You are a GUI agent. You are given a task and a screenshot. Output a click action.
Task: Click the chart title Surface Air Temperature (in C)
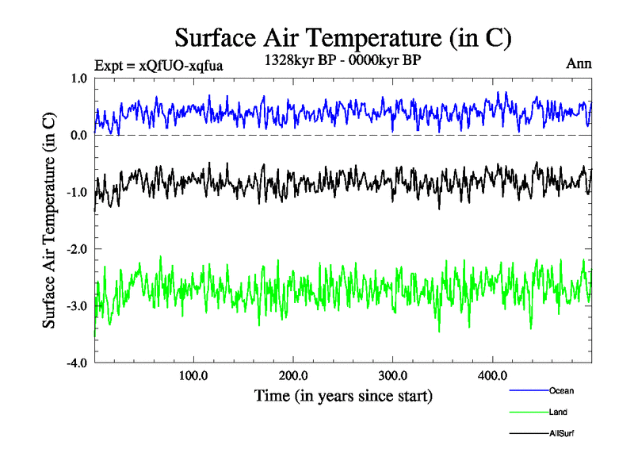[x=342, y=37]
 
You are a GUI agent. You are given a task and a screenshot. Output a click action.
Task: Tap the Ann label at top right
[x=579, y=63]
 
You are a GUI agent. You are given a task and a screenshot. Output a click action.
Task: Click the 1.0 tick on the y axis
[x=78, y=79]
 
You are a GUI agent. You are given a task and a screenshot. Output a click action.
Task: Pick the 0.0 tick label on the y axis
[x=78, y=136]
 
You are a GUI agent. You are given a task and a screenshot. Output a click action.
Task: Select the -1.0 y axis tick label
[x=76, y=193]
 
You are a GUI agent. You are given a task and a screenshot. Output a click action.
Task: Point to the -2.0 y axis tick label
[x=76, y=250]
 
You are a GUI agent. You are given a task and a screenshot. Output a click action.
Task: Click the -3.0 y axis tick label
[x=76, y=306]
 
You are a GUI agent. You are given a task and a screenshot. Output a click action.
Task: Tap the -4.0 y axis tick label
[x=76, y=363]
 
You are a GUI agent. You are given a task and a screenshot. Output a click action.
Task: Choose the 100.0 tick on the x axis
[x=193, y=375]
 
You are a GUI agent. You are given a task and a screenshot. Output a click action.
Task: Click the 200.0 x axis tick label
[x=293, y=375]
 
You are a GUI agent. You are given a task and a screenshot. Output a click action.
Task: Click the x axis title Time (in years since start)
[x=343, y=395]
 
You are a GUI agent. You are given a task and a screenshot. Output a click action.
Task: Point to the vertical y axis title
[x=49, y=221]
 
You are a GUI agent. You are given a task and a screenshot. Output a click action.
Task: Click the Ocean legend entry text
[x=561, y=390]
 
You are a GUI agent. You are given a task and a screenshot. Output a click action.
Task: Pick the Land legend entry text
[x=558, y=413]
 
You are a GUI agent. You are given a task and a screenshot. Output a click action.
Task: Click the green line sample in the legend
[x=529, y=413]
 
